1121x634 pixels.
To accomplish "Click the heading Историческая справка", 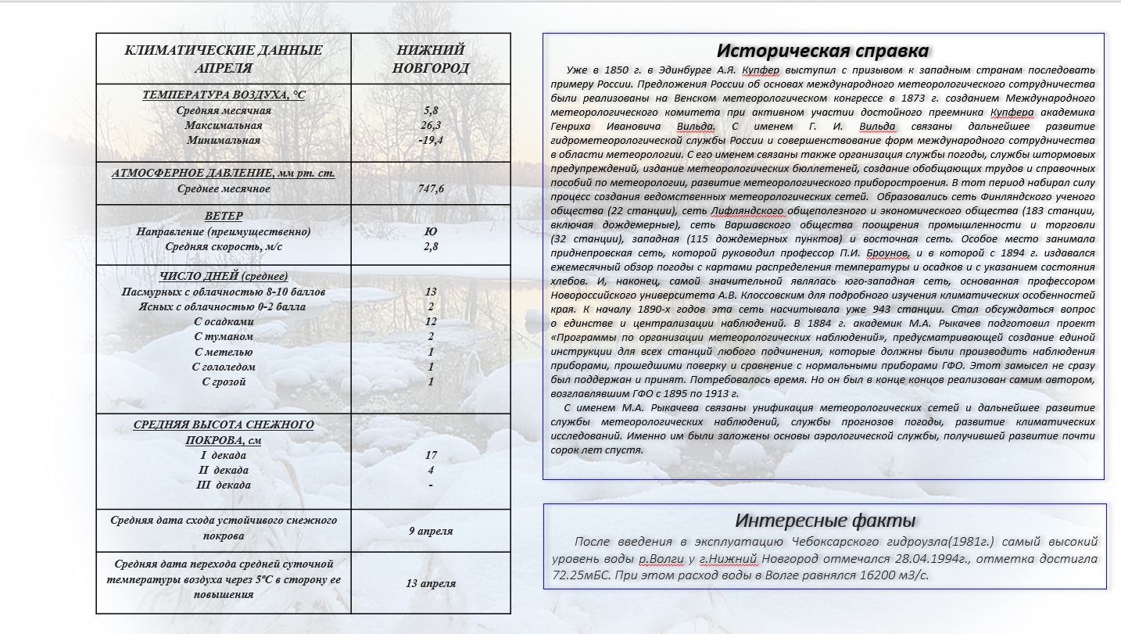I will [x=823, y=51].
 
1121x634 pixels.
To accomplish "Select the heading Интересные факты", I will [x=825, y=521].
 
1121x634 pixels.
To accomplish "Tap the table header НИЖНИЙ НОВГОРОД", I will [x=431, y=59].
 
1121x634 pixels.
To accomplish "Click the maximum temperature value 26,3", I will [x=431, y=125].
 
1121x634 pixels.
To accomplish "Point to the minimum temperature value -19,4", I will [x=431, y=140].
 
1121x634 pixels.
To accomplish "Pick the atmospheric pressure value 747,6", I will [x=431, y=188].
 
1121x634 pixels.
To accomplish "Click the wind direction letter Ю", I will [x=431, y=231].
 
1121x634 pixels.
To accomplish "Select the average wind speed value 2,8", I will [x=431, y=246].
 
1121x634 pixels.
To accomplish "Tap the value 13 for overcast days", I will [x=431, y=292].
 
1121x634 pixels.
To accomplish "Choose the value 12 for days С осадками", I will [x=431, y=321].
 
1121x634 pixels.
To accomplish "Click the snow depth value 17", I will [x=431, y=455].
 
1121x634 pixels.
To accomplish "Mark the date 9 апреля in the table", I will [x=431, y=531].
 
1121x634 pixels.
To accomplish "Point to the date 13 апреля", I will [x=431, y=583].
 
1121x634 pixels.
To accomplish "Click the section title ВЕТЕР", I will [x=224, y=216].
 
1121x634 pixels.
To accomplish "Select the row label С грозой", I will [x=224, y=381].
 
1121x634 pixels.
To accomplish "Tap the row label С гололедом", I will [x=224, y=367].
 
